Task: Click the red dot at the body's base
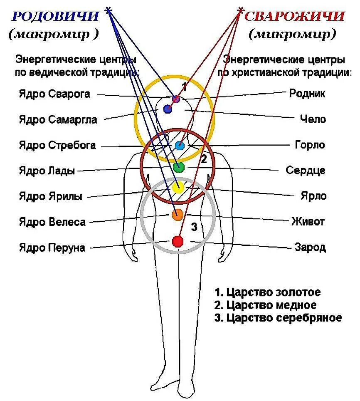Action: (x=178, y=241)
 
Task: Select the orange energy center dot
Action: (x=178, y=215)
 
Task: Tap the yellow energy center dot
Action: (x=178, y=188)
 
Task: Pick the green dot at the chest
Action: (x=178, y=167)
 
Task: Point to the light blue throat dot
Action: (x=179, y=146)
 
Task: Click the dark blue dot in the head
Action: (x=168, y=109)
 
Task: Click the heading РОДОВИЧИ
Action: (x=55, y=17)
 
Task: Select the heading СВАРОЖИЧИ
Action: (x=294, y=17)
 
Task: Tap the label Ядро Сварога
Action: (x=54, y=94)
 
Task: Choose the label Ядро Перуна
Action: (x=52, y=248)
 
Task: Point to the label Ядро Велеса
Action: (x=52, y=222)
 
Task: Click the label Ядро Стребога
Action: (x=57, y=145)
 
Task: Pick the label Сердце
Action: (x=306, y=171)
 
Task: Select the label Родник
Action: (x=307, y=93)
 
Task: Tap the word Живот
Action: (x=308, y=221)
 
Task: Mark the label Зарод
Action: (x=310, y=248)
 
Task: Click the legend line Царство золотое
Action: (x=268, y=292)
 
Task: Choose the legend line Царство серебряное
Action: (x=278, y=318)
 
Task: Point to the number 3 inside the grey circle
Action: (x=194, y=227)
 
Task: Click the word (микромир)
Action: (x=292, y=35)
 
